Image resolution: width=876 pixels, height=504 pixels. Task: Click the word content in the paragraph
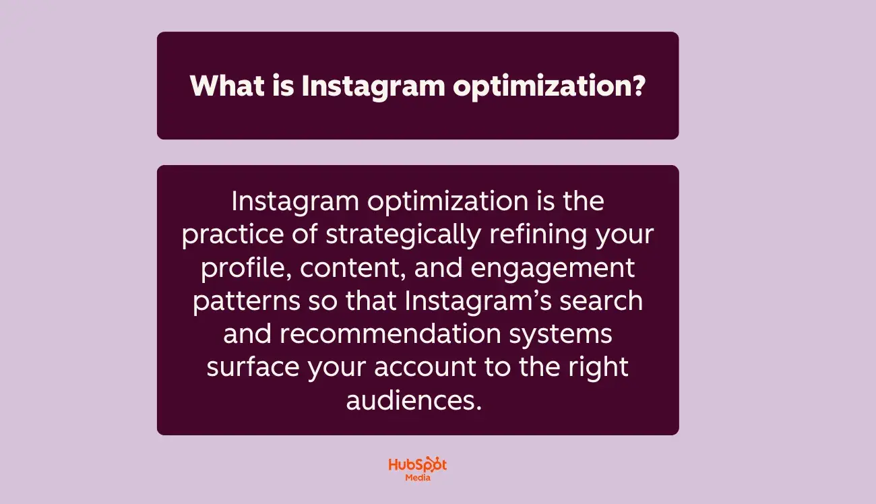352,268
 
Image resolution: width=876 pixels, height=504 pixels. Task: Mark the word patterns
246,301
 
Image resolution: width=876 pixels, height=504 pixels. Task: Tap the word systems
566,334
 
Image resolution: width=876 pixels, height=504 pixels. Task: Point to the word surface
253,367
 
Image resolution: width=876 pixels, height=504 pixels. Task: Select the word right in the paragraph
598,367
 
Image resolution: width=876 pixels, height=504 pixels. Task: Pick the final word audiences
414,400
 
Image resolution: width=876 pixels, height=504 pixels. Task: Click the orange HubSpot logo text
418,465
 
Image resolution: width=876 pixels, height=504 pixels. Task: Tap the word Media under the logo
418,478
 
